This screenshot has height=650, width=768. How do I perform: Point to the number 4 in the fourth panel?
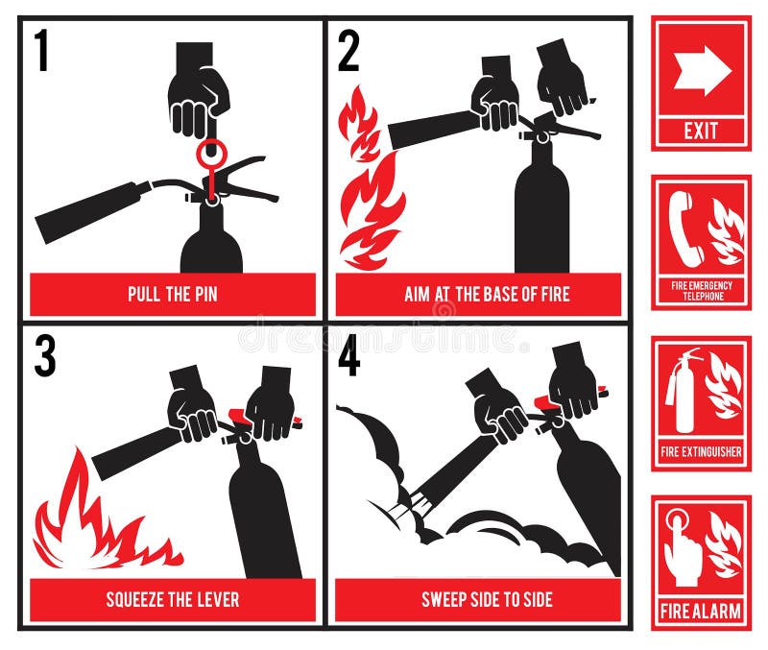click(x=349, y=356)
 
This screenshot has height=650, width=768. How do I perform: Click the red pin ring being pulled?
click(x=210, y=154)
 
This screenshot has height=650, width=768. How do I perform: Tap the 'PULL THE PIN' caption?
click(x=173, y=295)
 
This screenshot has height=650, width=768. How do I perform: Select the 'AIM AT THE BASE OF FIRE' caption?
click(x=478, y=295)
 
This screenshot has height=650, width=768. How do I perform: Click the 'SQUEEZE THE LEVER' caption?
click(x=173, y=600)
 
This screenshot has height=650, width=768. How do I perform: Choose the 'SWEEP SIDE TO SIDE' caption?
click(x=478, y=600)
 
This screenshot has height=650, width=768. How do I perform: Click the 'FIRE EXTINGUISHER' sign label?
click(x=701, y=451)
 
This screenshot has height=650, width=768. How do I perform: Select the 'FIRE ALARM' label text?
click(x=701, y=611)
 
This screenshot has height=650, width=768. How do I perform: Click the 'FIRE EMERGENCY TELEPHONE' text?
click(x=701, y=291)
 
